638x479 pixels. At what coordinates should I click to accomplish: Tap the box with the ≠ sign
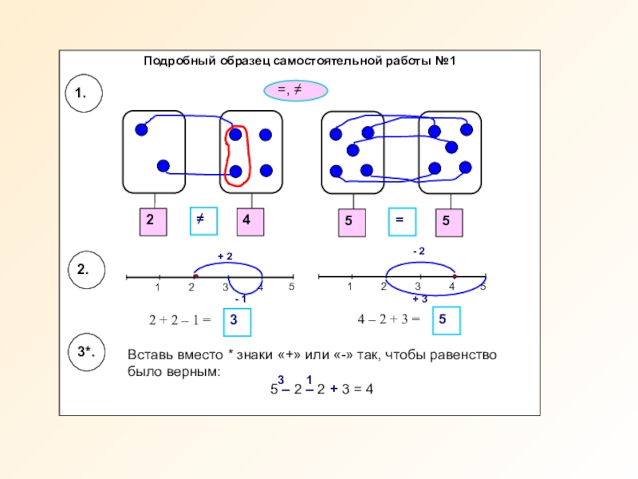click(x=203, y=223)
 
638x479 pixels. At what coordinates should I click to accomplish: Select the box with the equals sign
click(x=400, y=222)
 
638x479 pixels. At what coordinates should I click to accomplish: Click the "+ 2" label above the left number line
click(x=224, y=255)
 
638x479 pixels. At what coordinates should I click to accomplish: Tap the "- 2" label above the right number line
click(x=419, y=251)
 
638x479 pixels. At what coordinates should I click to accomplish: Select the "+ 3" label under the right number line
click(x=419, y=299)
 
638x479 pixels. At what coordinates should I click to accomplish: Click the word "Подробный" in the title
click(x=171, y=61)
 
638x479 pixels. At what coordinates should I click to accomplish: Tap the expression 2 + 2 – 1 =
click(x=179, y=320)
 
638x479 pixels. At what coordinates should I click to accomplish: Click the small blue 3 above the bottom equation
click(x=281, y=379)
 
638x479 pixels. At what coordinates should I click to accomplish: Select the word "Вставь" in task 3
click(x=148, y=355)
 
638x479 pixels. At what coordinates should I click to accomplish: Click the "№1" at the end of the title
click(x=445, y=61)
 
